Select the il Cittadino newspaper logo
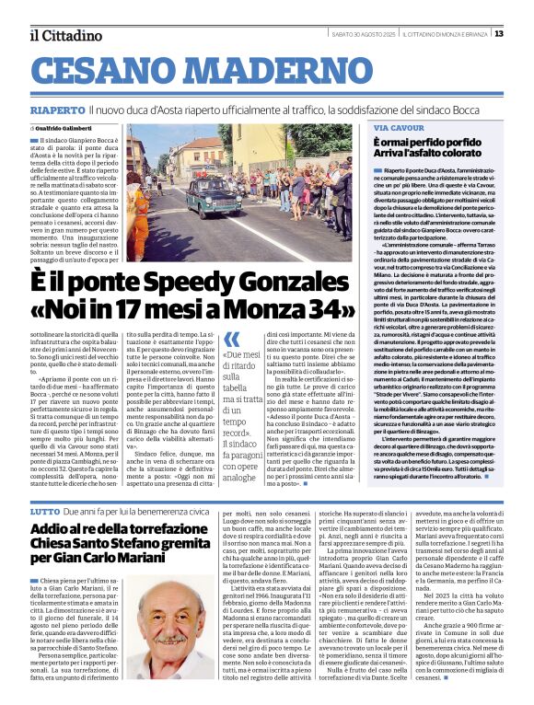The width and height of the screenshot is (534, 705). coord(65,35)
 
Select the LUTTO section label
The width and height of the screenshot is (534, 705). coord(43,509)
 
